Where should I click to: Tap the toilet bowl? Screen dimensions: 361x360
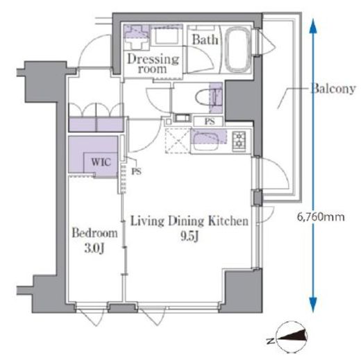coord(205,98)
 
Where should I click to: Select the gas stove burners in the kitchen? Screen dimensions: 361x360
coord(239,141)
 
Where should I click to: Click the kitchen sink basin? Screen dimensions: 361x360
coord(205,141)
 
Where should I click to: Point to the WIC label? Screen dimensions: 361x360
coord(101,162)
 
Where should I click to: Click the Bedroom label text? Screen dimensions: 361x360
coord(94,233)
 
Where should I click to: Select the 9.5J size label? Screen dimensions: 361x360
coord(190,237)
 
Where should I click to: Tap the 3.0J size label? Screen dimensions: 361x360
coord(94,248)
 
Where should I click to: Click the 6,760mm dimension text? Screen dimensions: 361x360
coord(321,217)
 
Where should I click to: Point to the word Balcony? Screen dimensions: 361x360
coord(333,89)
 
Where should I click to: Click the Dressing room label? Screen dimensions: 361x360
coord(153,64)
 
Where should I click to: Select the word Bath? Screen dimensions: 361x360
coord(205,40)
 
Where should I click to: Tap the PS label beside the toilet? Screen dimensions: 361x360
coord(209,121)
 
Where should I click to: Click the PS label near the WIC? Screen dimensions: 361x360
coord(136,171)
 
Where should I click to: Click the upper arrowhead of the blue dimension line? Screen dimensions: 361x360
coord(313,26)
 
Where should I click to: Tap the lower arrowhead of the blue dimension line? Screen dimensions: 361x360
coord(313,305)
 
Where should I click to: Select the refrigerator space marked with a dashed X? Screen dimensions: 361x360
coord(178,141)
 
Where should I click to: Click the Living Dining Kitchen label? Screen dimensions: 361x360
coord(190,221)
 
